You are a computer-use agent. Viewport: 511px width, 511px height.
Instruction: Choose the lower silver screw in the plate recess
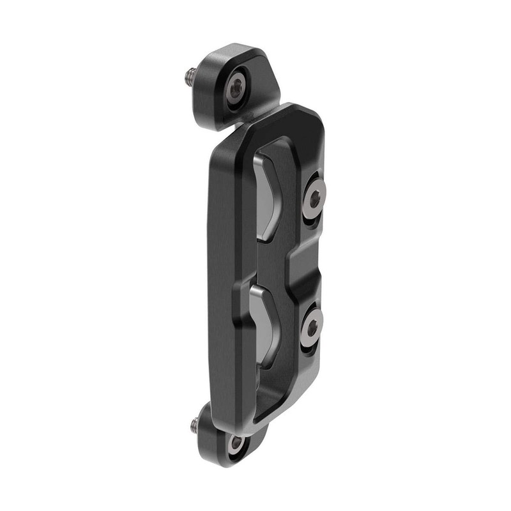point(311,327)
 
